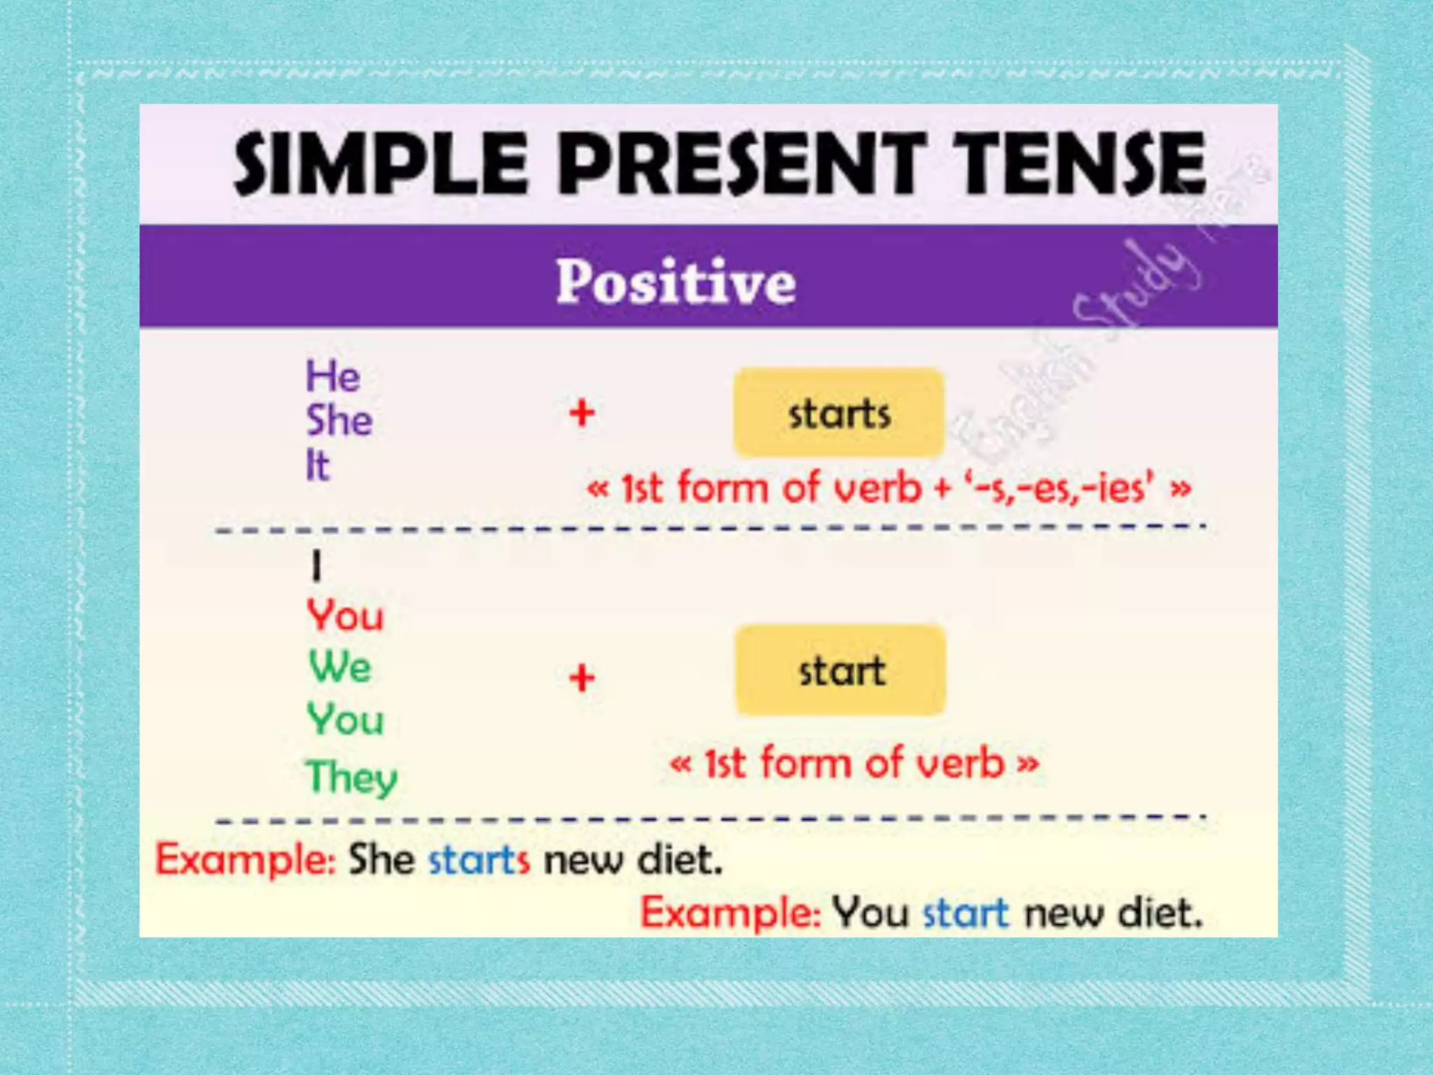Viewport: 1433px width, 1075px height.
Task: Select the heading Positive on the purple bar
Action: tap(676, 281)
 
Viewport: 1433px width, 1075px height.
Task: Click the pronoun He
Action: tap(333, 377)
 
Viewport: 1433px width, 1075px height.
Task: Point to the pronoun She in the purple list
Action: tap(339, 421)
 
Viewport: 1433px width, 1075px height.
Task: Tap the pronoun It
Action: tap(317, 465)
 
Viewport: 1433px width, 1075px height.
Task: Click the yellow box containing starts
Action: tap(838, 413)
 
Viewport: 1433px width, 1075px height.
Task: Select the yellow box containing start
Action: tap(840, 670)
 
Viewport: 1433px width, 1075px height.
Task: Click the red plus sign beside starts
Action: tap(581, 413)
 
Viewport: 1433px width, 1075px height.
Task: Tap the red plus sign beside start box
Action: tap(581, 678)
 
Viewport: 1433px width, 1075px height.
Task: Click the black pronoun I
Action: tap(316, 566)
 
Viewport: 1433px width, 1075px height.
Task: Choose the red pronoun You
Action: tap(346, 617)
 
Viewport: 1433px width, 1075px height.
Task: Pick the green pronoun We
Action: tap(340, 666)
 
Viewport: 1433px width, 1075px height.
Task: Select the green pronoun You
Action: tap(346, 719)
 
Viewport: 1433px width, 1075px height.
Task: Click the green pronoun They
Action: tap(351, 776)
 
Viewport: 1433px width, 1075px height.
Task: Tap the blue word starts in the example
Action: tap(479, 859)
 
